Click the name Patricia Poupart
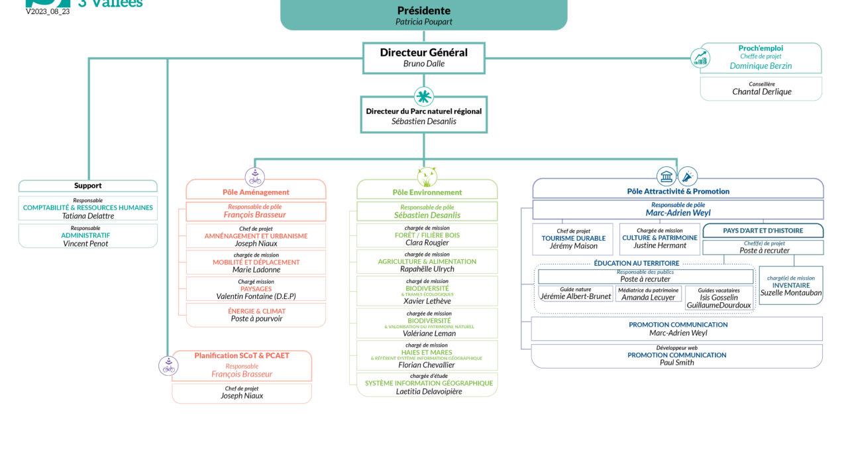(x=423, y=22)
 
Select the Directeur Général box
(x=423, y=58)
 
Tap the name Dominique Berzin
(x=761, y=66)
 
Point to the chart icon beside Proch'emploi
(x=700, y=58)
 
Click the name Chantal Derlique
(x=761, y=92)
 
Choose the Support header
(x=88, y=186)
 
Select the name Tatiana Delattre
(x=88, y=215)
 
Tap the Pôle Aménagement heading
(x=256, y=192)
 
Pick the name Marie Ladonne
(x=256, y=270)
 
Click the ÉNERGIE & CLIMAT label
(x=256, y=311)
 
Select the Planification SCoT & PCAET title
(x=242, y=356)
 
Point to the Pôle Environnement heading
(x=427, y=192)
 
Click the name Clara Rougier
(x=427, y=243)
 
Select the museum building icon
(x=666, y=176)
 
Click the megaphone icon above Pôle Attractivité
(x=688, y=176)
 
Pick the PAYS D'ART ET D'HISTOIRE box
(x=763, y=231)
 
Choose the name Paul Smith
(x=677, y=363)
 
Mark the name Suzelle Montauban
(x=791, y=292)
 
